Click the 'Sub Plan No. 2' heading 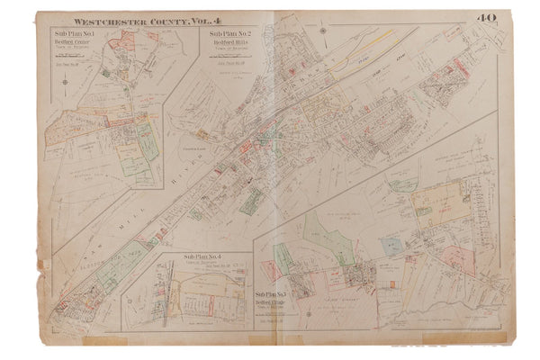click(220, 33)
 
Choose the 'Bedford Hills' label click(220, 42)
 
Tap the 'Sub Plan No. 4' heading click(200, 259)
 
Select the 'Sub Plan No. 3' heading click(272, 294)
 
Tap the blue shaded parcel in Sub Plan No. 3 click(391, 244)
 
